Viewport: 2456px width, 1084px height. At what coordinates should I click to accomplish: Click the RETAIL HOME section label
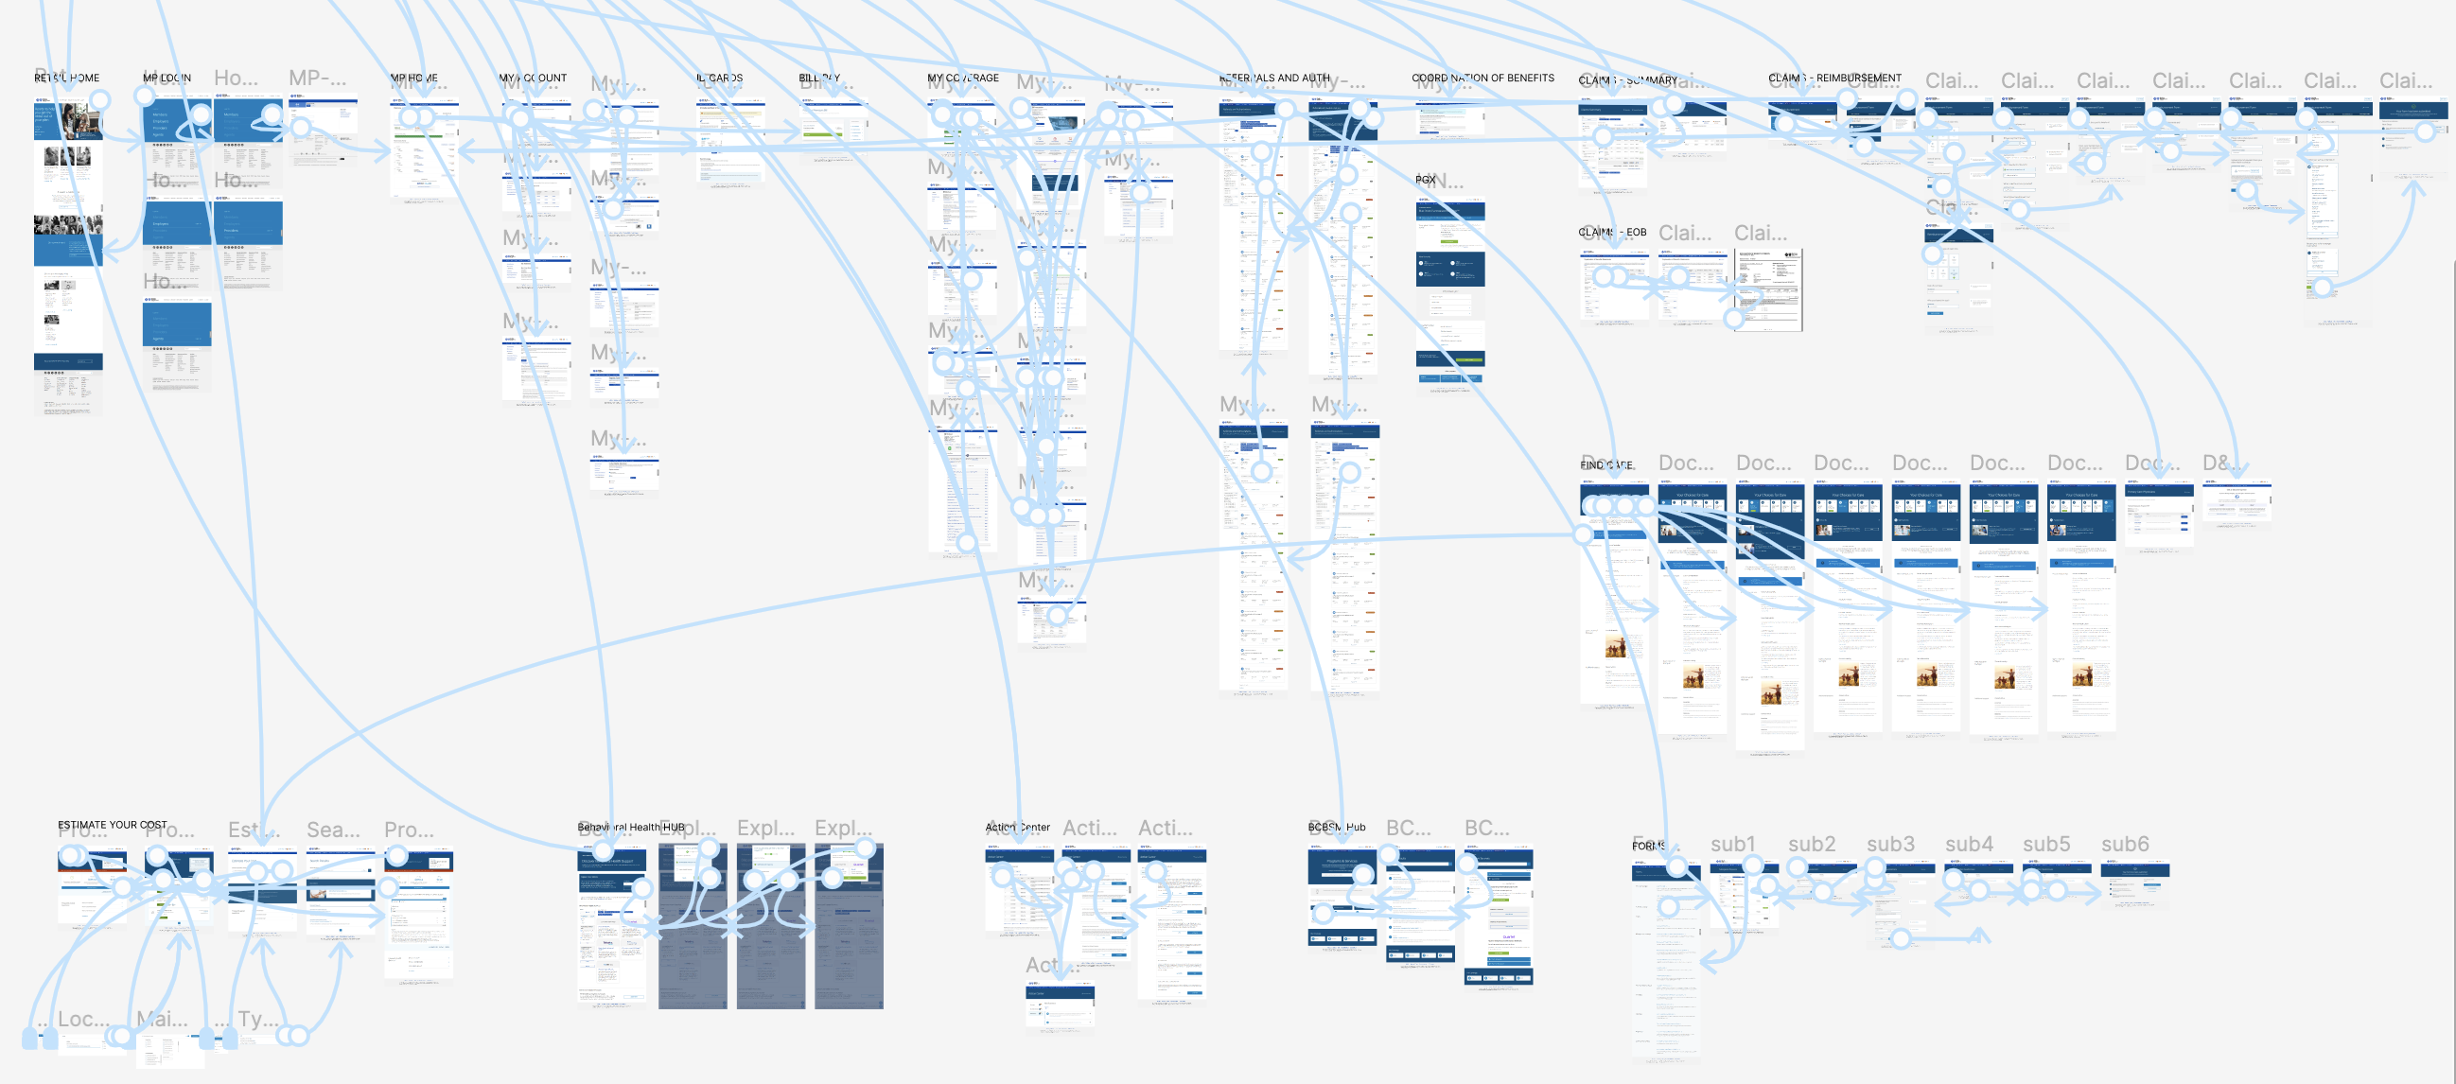pyautogui.click(x=67, y=79)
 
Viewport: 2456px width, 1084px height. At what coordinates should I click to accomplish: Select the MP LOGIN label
pyautogui.click(x=167, y=79)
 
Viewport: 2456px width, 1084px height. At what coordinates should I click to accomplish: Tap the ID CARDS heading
pyautogui.click(x=719, y=79)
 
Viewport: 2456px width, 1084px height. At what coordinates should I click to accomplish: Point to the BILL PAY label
pyautogui.click(x=819, y=79)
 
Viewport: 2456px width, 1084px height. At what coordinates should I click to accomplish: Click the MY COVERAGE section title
pyautogui.click(x=963, y=79)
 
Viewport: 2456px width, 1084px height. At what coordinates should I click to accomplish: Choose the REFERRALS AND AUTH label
pyautogui.click(x=1273, y=79)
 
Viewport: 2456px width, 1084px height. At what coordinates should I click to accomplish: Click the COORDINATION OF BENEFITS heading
pyautogui.click(x=1482, y=79)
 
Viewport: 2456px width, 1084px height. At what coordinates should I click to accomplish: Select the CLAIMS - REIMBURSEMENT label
pyautogui.click(x=1834, y=79)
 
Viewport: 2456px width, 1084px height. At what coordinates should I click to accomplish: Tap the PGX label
pyautogui.click(x=1426, y=179)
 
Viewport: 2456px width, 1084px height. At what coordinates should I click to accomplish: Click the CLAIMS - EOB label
pyautogui.click(x=1612, y=233)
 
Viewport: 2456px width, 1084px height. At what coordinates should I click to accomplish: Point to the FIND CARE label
pyautogui.click(x=1606, y=465)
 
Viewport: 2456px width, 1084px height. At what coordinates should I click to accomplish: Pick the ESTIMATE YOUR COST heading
pyautogui.click(x=112, y=825)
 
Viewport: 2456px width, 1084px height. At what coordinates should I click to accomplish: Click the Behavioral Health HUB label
pyautogui.click(x=631, y=827)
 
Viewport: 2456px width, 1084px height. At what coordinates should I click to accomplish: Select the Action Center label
pyautogui.click(x=1017, y=827)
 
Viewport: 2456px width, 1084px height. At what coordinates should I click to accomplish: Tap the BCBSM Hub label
pyautogui.click(x=1337, y=827)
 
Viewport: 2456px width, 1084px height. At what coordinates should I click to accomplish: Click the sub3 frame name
pyautogui.click(x=1889, y=844)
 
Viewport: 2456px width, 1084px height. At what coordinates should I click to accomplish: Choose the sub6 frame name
pyautogui.click(x=2124, y=844)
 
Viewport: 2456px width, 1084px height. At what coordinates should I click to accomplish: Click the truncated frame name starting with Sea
pyautogui.click(x=333, y=830)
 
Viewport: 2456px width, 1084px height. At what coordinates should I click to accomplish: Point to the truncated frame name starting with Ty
pyautogui.click(x=257, y=1018)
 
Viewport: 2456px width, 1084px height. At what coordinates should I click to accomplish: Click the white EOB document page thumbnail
pyautogui.click(x=1767, y=289)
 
